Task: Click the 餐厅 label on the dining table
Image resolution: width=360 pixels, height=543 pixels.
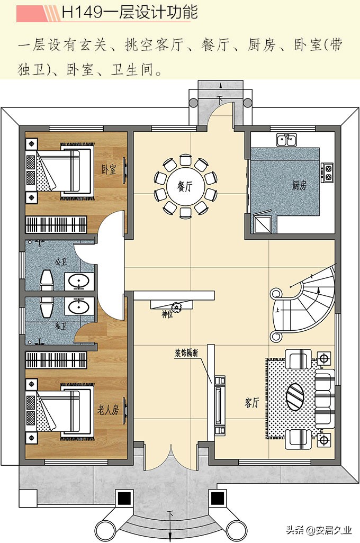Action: tap(184, 187)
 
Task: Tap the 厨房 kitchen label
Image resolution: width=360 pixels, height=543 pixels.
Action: tap(299, 185)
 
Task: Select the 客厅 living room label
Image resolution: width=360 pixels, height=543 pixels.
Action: tap(251, 402)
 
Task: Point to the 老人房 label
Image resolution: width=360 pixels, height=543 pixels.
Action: tap(108, 410)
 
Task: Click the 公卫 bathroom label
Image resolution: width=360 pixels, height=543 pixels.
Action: tap(60, 261)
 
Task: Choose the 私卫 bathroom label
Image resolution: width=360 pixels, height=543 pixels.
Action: tap(60, 326)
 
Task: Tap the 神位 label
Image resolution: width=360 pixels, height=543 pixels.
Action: tap(167, 314)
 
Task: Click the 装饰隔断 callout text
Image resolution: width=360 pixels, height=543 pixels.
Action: tap(186, 354)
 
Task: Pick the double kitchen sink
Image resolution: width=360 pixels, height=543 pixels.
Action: tap(286, 140)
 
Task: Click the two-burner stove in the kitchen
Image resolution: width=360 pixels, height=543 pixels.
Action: tap(328, 173)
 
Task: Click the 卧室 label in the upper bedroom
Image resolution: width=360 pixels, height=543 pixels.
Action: tap(109, 169)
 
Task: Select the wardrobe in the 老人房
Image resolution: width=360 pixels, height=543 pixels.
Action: tap(56, 360)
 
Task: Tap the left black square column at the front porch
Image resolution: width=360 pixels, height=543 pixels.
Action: tap(124, 499)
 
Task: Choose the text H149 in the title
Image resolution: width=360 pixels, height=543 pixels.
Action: tap(82, 12)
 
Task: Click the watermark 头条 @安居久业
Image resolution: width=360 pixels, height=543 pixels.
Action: tap(319, 530)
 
